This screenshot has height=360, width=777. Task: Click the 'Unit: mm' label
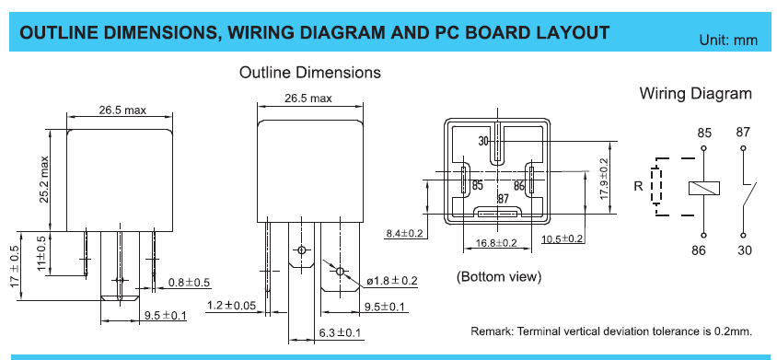coord(728,41)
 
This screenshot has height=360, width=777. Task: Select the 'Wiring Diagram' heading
coord(695,93)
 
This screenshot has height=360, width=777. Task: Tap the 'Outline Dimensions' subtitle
coord(309,73)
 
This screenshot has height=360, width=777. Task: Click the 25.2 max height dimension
coord(44,180)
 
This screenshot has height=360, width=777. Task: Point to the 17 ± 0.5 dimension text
coord(15,266)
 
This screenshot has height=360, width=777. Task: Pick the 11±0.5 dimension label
coord(42,253)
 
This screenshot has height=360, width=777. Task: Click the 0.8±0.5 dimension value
coord(189,283)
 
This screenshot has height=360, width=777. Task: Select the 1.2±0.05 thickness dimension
coord(232,305)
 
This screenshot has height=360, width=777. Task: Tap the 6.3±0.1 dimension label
coord(340,332)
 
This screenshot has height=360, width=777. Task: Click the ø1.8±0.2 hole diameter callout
coord(392,281)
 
